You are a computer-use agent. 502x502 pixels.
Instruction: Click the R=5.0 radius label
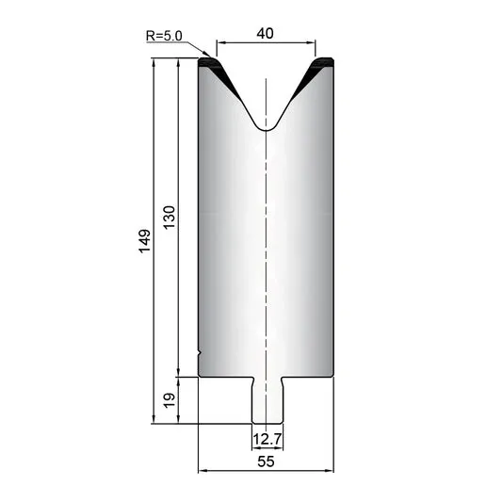[x=164, y=36]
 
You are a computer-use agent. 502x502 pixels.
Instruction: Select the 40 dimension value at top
[x=265, y=33]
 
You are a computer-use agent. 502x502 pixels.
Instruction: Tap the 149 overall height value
[x=144, y=241]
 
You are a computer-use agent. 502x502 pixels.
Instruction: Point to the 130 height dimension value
[x=170, y=217]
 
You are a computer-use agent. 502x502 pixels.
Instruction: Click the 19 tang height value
[x=170, y=400]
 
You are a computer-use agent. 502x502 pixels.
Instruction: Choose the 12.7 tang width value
[x=267, y=439]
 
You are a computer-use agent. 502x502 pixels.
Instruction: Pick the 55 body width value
[x=266, y=462]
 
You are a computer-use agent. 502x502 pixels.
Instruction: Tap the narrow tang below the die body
[x=267, y=400]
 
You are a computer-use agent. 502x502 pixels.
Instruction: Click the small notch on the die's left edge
[x=199, y=354]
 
